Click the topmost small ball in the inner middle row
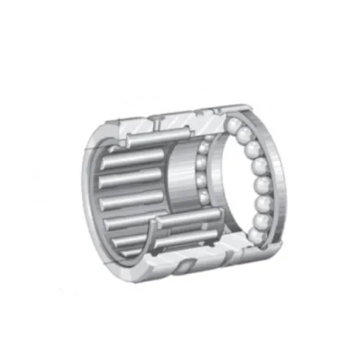coord(202,145)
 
